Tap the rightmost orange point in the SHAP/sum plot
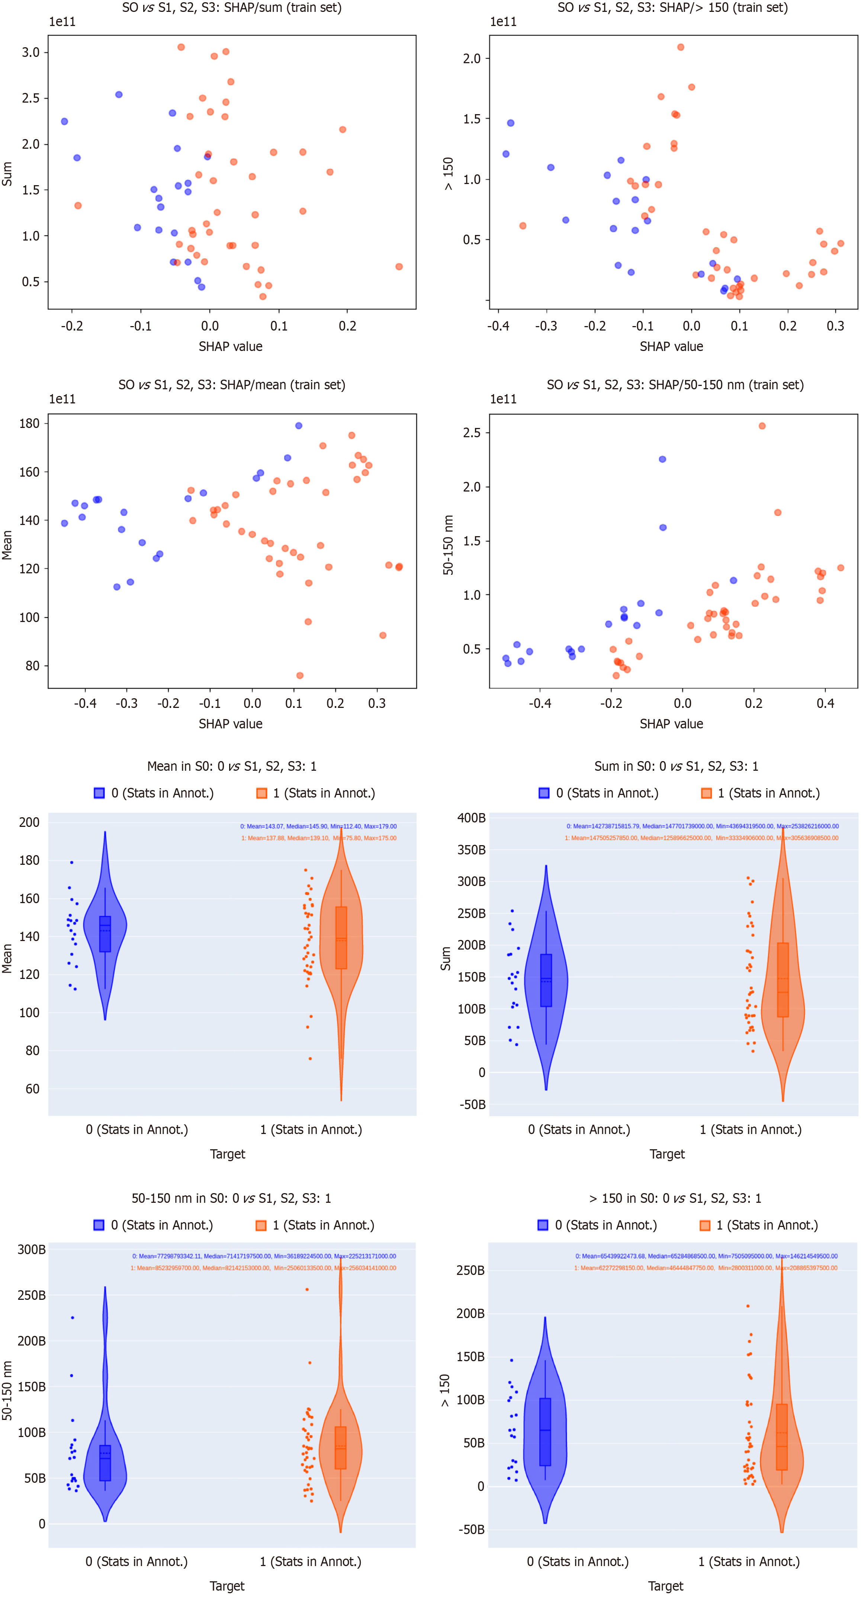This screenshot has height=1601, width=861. click(x=399, y=267)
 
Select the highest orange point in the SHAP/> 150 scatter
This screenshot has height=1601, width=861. click(x=681, y=47)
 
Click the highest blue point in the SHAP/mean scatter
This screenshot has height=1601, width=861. click(x=298, y=426)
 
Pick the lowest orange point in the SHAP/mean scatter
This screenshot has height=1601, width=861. click(x=300, y=676)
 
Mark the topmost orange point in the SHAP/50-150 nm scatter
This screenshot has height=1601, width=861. click(x=762, y=426)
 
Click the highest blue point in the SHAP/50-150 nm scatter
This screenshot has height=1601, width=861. click(x=663, y=459)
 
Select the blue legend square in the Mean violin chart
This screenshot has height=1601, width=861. click(x=99, y=793)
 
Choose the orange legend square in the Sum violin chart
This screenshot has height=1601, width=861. click(x=706, y=793)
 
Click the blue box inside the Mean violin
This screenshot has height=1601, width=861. click(x=105, y=934)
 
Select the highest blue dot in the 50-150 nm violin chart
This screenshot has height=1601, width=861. click(x=73, y=1318)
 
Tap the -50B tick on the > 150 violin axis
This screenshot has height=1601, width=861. click(x=471, y=1530)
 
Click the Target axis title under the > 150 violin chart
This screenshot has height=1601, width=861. click(x=666, y=1586)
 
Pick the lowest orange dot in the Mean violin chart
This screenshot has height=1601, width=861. click(x=310, y=1059)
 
